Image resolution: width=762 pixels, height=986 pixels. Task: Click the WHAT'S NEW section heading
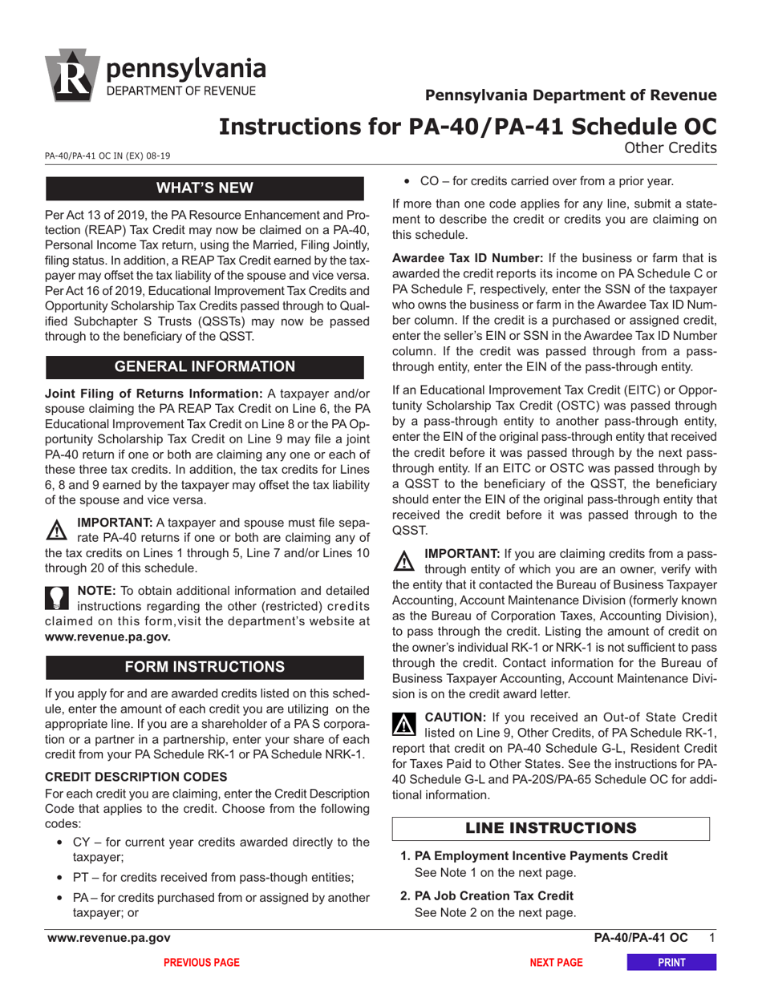tap(205, 188)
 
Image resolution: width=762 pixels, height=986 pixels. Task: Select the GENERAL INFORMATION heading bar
tap(205, 366)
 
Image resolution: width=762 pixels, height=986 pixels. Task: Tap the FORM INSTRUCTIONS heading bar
tap(205, 667)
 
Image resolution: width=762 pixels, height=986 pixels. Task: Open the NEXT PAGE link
tap(557, 962)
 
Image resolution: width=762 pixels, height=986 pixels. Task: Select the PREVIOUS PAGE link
tap(201, 962)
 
